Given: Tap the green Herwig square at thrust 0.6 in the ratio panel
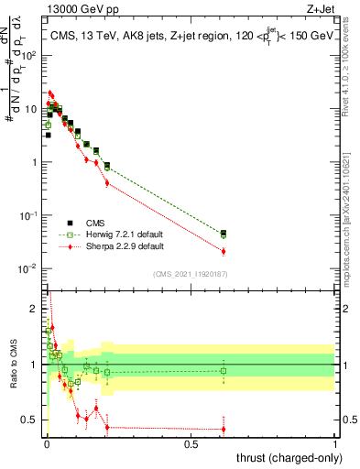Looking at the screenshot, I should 224,370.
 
